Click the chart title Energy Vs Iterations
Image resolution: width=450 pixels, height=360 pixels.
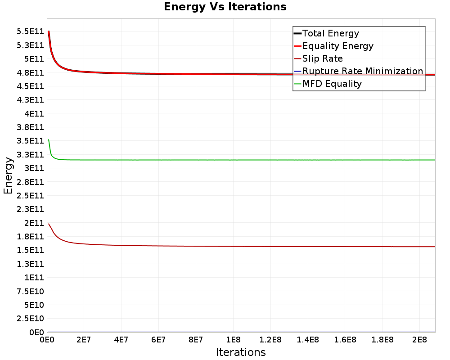tap(225, 7)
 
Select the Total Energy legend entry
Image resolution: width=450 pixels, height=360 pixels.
tap(330, 33)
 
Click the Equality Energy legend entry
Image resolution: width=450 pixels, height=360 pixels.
tap(337, 46)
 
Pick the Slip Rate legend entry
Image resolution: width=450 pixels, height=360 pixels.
tap(322, 58)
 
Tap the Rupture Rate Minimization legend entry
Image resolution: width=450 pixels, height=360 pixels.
tap(362, 71)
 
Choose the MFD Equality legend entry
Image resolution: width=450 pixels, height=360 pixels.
tap(332, 84)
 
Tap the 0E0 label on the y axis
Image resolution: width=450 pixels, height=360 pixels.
tap(37, 333)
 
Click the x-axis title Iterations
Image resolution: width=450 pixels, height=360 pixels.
tap(241, 352)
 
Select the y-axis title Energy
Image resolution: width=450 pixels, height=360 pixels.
tap(8, 175)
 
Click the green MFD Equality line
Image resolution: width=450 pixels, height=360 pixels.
tap(243, 160)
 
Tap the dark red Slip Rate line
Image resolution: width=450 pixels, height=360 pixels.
tap(243, 246)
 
